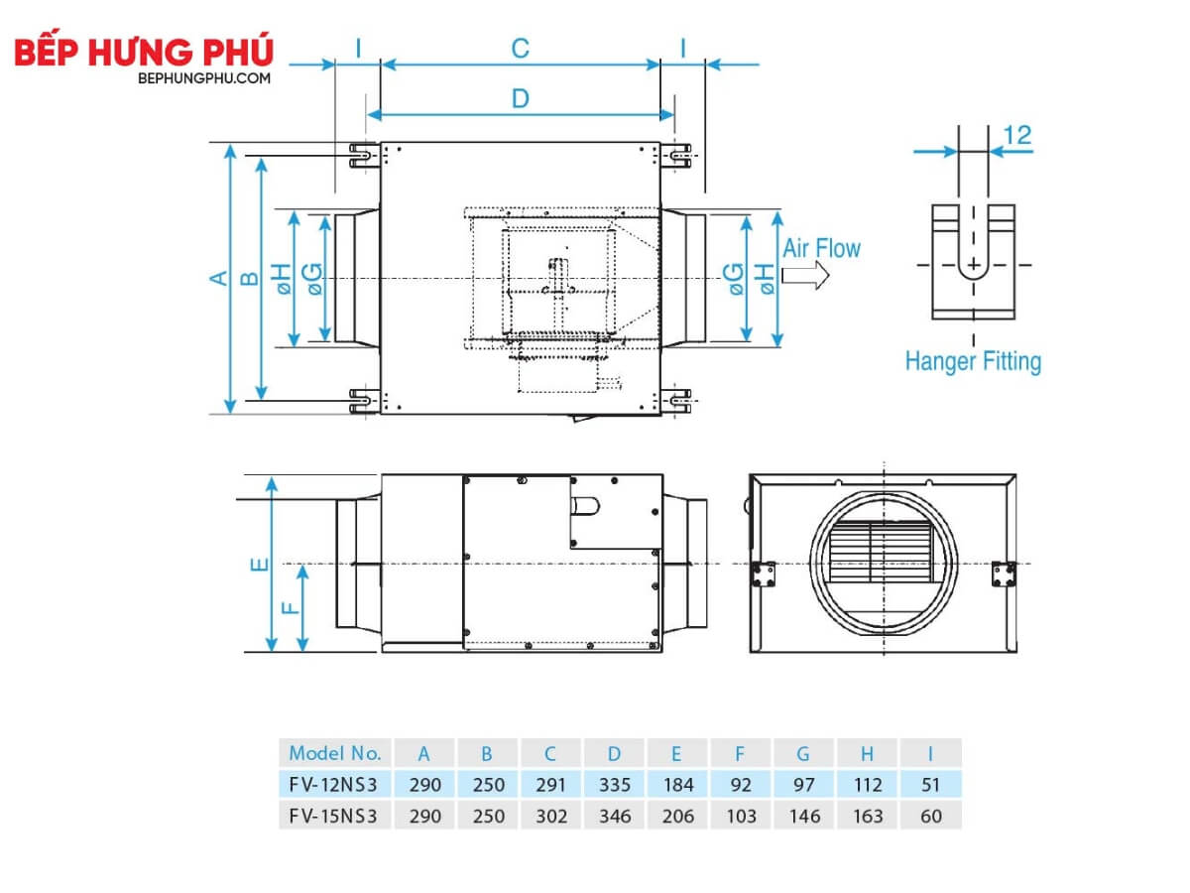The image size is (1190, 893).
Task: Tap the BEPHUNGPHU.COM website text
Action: click(204, 78)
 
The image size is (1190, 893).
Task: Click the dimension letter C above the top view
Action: click(520, 49)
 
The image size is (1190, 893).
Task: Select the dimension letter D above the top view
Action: click(520, 98)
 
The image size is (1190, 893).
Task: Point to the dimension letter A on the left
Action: click(219, 278)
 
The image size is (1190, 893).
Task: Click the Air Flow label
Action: click(821, 248)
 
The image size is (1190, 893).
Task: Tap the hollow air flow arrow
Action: click(805, 276)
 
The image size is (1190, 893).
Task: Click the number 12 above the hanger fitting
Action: click(1017, 135)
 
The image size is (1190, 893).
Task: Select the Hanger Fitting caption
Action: click(973, 361)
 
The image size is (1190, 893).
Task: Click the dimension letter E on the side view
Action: click(260, 565)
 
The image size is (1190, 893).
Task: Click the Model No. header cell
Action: click(335, 753)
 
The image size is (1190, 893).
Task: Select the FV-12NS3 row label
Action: click(333, 785)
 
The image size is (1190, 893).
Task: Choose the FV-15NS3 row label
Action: click(333, 816)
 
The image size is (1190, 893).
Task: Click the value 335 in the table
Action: click(615, 785)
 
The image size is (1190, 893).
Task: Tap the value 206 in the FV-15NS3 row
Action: click(677, 816)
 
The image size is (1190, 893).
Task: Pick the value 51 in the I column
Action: click(930, 785)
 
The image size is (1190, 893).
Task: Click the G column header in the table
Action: click(803, 754)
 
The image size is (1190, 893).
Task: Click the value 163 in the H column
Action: click(868, 816)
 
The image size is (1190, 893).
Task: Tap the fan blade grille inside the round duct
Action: click(881, 552)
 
